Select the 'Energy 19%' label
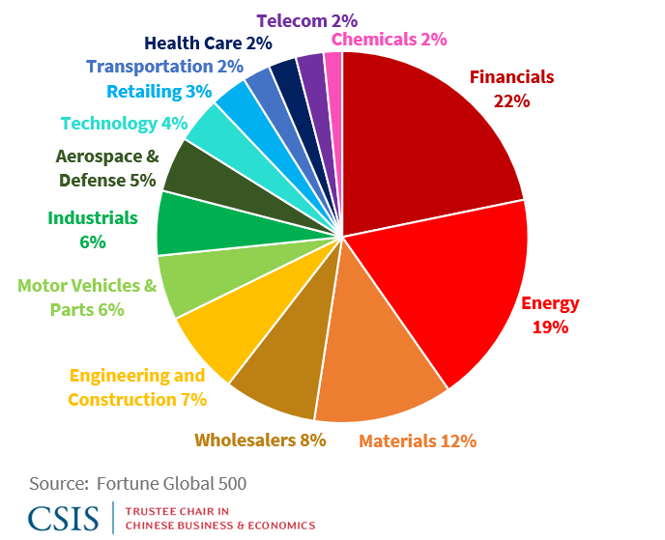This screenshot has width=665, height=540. point(549,315)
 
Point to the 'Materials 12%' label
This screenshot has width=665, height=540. point(418,441)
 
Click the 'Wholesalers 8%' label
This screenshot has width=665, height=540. point(260,440)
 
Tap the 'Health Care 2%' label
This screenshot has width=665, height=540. point(208,43)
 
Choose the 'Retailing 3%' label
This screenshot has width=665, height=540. point(159,92)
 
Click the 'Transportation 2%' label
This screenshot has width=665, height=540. point(164,67)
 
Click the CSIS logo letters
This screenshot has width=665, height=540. point(63,517)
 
